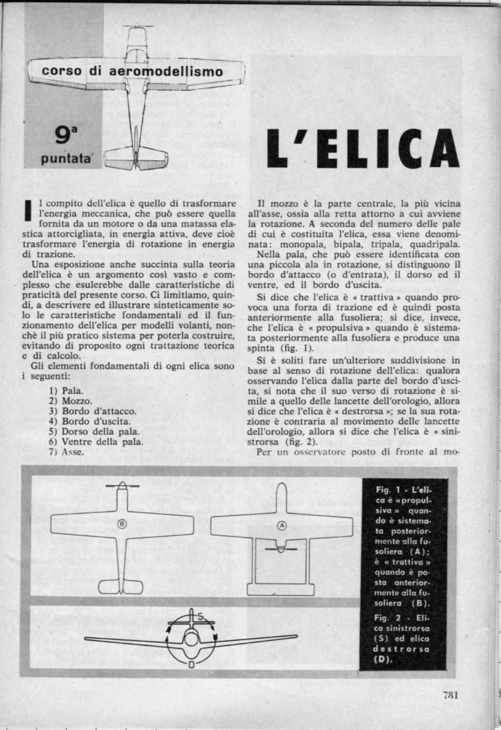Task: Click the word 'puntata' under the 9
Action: click(65, 159)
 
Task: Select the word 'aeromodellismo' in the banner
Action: click(166, 72)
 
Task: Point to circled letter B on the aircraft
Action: click(122, 524)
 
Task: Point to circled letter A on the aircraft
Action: click(282, 525)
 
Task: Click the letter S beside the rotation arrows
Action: click(201, 616)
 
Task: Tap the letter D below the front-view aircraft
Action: click(191, 665)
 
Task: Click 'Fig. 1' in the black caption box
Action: click(387, 490)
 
